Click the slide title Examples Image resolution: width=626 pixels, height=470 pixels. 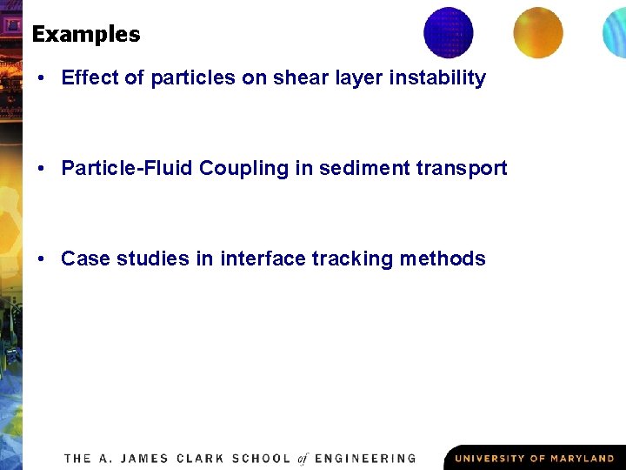(85, 35)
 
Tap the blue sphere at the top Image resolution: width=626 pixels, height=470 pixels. (449, 32)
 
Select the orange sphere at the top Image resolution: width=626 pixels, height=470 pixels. (537, 32)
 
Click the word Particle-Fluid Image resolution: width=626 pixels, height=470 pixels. (127, 168)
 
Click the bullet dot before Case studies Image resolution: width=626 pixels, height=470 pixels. (42, 259)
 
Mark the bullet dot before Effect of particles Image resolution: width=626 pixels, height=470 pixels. (42, 78)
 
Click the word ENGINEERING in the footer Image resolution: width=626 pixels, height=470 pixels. (365, 458)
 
